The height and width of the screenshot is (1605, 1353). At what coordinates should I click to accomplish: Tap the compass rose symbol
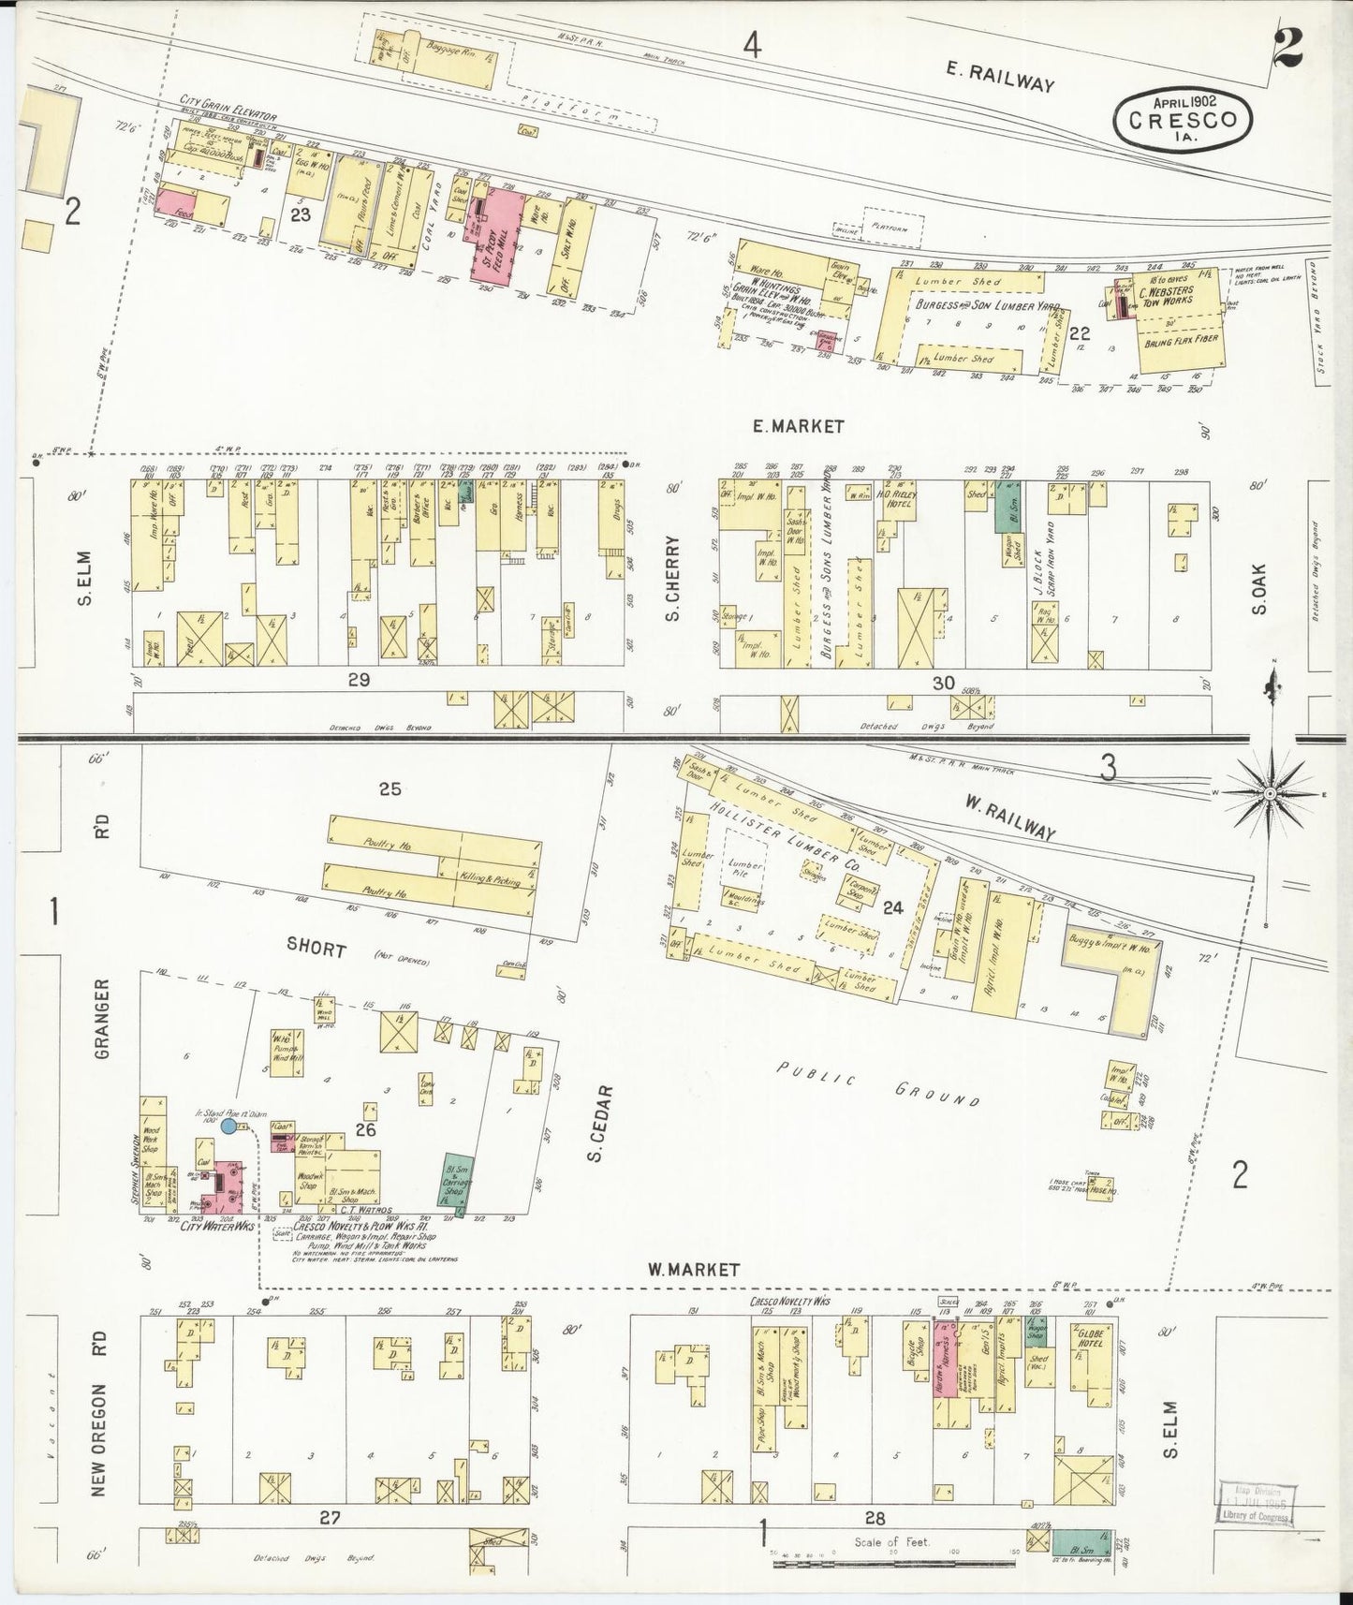tap(1271, 792)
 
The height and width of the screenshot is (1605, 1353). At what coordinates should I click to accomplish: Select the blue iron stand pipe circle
tap(228, 1125)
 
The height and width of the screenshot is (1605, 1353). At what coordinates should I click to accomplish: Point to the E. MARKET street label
tap(799, 426)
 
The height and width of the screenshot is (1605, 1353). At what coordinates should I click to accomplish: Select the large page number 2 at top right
tap(1289, 44)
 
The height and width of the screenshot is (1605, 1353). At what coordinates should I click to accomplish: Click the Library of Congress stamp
tap(1256, 1506)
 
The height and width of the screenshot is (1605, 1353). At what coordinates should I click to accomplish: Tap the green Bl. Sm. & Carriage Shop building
tap(455, 1182)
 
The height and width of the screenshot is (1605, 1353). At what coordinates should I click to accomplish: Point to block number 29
tap(359, 681)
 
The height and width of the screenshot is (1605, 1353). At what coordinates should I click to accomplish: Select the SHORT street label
tap(318, 950)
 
